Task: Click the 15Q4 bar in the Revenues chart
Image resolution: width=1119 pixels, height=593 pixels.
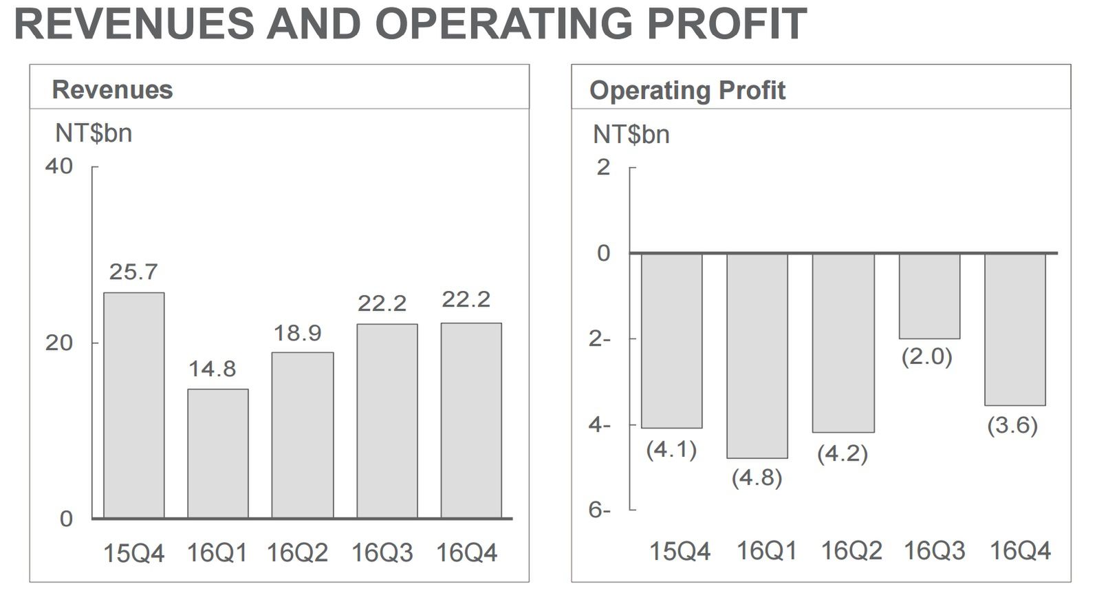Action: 133,405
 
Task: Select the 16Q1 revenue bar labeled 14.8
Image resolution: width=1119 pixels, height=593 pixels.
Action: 217,453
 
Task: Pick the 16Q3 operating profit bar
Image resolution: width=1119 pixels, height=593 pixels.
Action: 929,296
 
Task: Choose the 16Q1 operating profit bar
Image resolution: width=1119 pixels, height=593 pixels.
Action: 757,355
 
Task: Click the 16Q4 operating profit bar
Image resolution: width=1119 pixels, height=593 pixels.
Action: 1014,329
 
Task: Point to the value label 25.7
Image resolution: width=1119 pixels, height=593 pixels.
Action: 133,272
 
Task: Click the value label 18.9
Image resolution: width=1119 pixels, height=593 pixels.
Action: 297,334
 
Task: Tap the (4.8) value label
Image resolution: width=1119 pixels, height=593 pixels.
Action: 757,477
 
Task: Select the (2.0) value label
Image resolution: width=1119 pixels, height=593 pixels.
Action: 926,357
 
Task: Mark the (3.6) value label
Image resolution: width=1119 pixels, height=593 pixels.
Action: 1012,426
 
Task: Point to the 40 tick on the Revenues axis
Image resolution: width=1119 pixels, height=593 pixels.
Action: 59,166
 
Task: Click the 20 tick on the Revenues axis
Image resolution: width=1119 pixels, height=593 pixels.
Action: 59,343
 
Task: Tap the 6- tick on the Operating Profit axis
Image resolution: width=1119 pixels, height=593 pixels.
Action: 599,510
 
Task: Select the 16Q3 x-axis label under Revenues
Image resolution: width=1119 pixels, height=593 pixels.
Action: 382,553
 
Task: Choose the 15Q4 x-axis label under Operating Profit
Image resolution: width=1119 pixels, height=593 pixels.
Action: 680,551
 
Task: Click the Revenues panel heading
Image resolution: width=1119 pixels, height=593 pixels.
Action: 112,89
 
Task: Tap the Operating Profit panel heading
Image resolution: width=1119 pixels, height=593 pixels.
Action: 687,90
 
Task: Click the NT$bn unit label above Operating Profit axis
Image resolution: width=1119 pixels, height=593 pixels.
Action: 631,134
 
